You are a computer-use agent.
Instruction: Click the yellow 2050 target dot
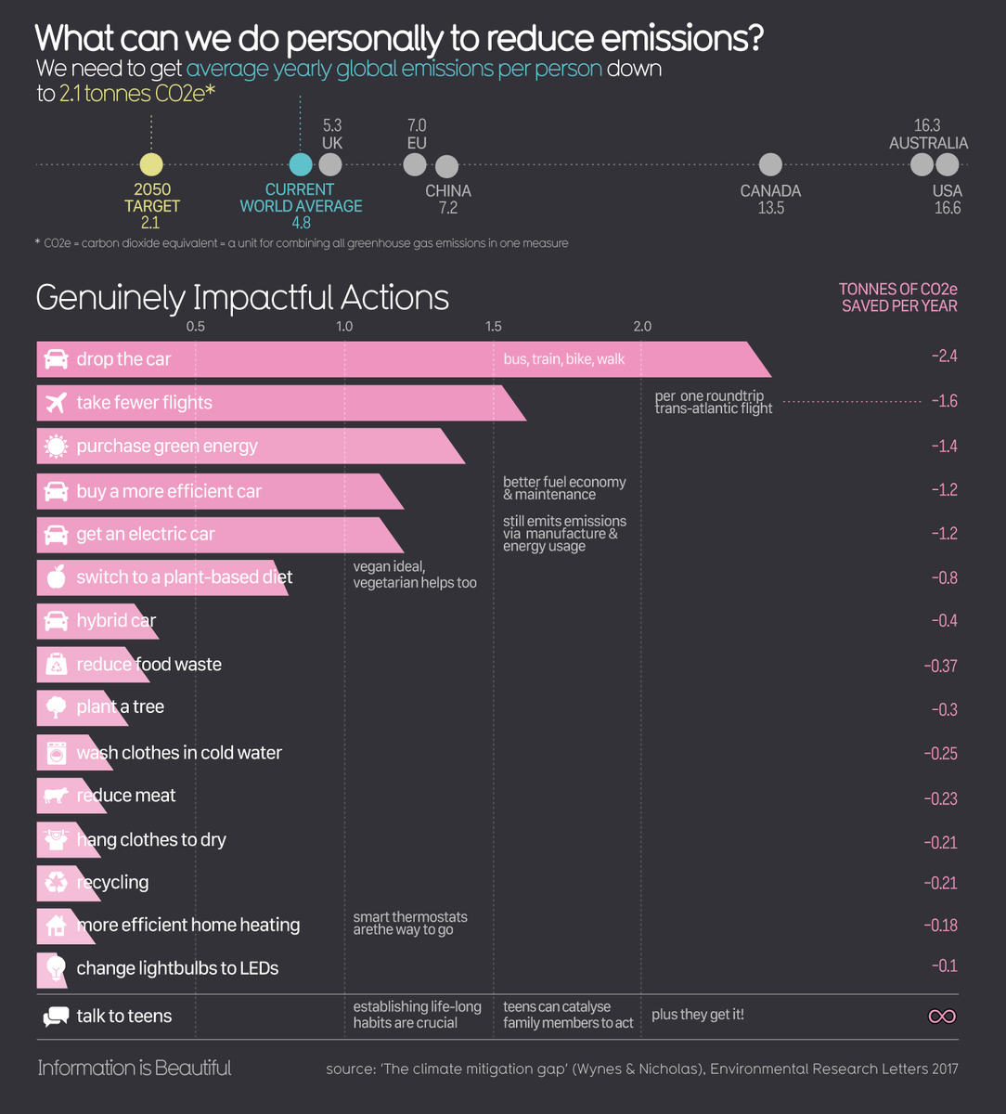(x=150, y=165)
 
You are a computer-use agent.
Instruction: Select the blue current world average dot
(x=301, y=165)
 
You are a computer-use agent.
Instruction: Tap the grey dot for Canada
(x=770, y=165)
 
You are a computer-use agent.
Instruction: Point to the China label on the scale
(x=448, y=191)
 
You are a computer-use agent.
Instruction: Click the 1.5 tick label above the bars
(x=493, y=327)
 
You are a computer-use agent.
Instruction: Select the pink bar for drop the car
(x=399, y=359)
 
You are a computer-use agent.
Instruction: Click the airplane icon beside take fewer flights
(x=56, y=403)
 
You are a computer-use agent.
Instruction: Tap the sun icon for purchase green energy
(x=56, y=447)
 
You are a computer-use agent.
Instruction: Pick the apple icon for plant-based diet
(x=56, y=577)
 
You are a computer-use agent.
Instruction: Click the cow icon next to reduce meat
(x=56, y=796)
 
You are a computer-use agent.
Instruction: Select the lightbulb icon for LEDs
(x=56, y=968)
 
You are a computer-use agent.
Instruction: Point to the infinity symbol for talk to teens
(x=942, y=1017)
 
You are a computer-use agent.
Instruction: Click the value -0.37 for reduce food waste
(x=940, y=666)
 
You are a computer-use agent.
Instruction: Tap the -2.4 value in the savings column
(x=944, y=357)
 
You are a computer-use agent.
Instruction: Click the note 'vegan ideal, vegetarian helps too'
(x=415, y=575)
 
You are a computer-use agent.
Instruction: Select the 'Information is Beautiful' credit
(x=135, y=1069)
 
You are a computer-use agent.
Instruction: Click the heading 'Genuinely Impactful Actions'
(x=242, y=298)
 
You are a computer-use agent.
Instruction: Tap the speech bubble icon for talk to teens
(x=56, y=1017)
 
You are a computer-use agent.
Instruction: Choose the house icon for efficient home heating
(x=56, y=926)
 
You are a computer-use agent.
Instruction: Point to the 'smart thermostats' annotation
(x=410, y=923)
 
